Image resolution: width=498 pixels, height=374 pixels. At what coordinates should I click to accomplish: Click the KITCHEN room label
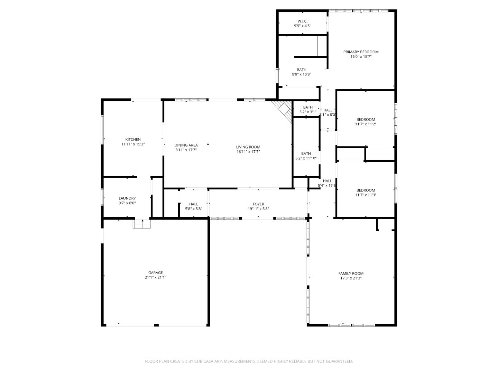pyautogui.click(x=133, y=140)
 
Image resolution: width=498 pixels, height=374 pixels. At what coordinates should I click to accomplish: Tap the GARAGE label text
pyautogui.click(x=156, y=273)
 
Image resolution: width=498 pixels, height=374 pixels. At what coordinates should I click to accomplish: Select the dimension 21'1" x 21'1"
pyautogui.click(x=156, y=277)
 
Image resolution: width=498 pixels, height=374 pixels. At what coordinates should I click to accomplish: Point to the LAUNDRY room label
pyautogui.click(x=127, y=198)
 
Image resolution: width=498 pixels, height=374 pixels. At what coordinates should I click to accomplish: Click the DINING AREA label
pyautogui.click(x=186, y=145)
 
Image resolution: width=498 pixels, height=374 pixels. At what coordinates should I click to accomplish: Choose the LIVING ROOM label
pyautogui.click(x=248, y=147)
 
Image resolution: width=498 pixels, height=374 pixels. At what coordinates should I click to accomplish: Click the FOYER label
pyautogui.click(x=258, y=204)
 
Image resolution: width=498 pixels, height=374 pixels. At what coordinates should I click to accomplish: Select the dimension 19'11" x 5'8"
pyautogui.click(x=258, y=209)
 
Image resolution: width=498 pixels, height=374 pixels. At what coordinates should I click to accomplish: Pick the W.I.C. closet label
pyautogui.click(x=303, y=21)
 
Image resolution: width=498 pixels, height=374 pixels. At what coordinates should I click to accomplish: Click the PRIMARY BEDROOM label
pyautogui.click(x=361, y=52)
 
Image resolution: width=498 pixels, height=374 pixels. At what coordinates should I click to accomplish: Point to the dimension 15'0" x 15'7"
pyautogui.click(x=361, y=56)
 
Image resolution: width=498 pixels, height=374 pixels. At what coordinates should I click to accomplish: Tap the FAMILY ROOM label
pyautogui.click(x=351, y=274)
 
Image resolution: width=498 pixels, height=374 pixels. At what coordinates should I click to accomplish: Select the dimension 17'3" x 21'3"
pyautogui.click(x=351, y=278)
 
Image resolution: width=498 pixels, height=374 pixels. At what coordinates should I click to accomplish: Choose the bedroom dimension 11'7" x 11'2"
pyautogui.click(x=366, y=124)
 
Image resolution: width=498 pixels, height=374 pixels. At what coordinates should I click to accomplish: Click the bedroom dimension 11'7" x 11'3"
pyautogui.click(x=366, y=195)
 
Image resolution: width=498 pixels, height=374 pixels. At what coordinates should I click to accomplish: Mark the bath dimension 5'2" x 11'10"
pyautogui.click(x=306, y=158)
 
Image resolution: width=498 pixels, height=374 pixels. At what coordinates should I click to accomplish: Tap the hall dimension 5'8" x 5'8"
pyautogui.click(x=194, y=209)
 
